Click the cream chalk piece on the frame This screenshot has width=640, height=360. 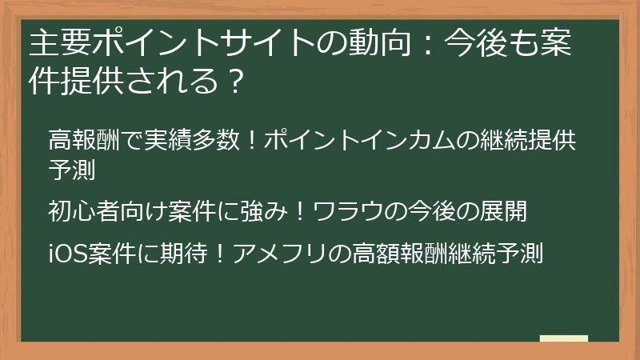click(563, 339)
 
